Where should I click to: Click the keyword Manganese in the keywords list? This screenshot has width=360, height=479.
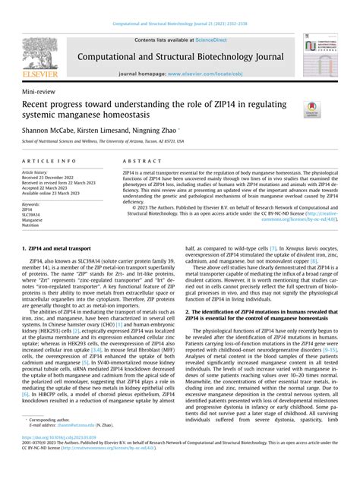coord(33,219)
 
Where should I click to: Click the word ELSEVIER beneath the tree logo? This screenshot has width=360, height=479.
coord(37,76)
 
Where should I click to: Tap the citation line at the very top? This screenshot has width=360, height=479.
coord(179,24)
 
